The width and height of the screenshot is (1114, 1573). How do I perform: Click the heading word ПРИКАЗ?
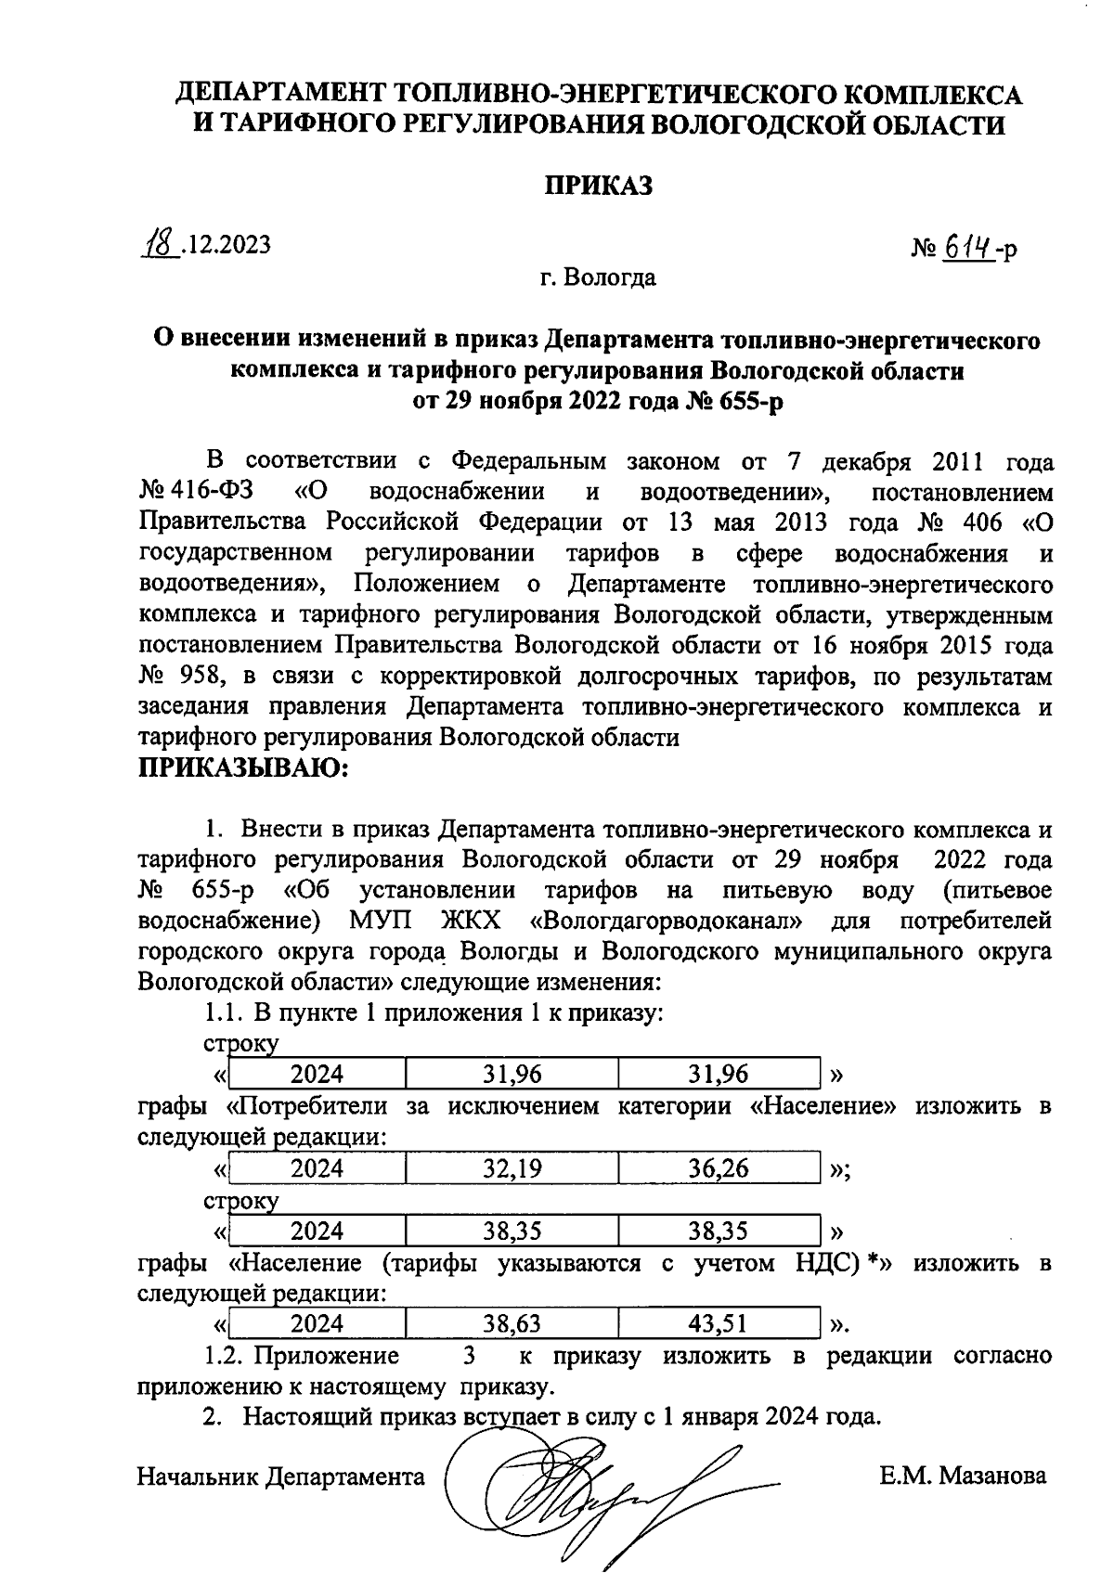pos(598,186)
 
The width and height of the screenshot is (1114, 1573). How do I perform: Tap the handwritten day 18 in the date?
pos(159,243)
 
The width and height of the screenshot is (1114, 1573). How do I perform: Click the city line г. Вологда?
pos(598,277)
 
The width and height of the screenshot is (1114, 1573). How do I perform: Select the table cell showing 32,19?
pos(512,1168)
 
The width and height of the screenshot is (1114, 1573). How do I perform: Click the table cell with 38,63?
pos(512,1323)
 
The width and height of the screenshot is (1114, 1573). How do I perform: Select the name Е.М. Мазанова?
pos(964,1476)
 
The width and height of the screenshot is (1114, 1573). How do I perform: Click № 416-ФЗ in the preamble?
pos(196,492)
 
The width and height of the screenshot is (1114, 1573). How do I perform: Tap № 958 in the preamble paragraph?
pos(178,677)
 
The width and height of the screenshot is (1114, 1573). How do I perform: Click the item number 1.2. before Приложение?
pos(224,1356)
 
